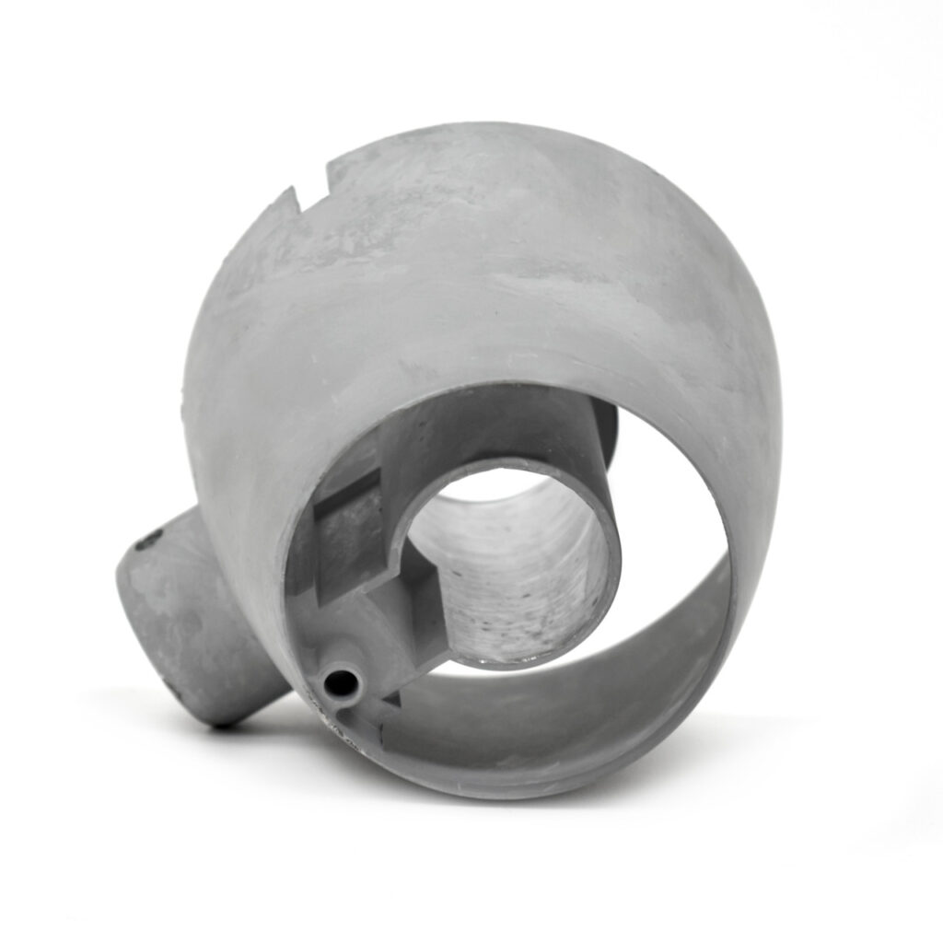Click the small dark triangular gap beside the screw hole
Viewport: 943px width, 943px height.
pos(390,701)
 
